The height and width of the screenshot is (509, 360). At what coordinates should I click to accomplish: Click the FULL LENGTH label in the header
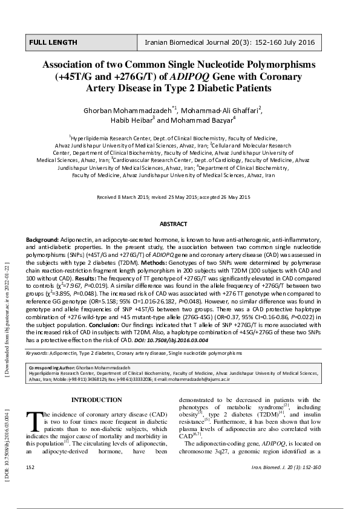tap(53, 43)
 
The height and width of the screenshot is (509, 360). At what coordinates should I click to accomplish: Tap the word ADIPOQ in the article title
tap(188, 77)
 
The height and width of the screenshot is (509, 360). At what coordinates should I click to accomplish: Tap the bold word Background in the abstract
tap(42, 240)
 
